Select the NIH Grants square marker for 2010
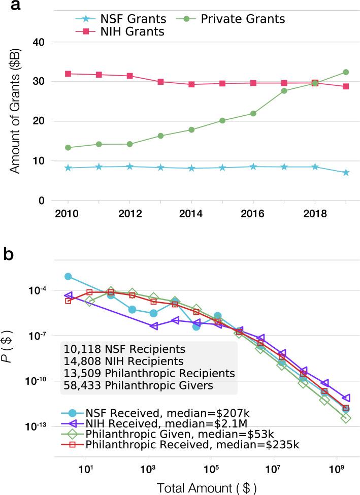click(x=68, y=74)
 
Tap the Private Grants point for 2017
click(x=284, y=91)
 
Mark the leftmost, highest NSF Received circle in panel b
click(x=68, y=276)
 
